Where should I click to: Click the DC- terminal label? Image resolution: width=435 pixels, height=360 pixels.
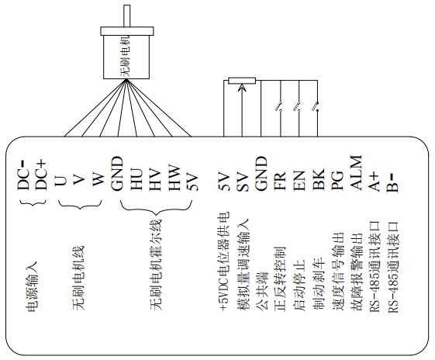23,175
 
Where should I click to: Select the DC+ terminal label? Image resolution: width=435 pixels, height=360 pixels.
41,175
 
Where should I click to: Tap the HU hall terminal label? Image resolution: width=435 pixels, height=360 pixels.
137,180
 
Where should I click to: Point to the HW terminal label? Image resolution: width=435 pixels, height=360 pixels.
174,178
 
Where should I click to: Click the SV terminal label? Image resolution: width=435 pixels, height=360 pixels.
242,182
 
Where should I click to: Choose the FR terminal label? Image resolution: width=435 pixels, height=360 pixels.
280,181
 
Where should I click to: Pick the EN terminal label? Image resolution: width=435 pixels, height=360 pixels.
299,181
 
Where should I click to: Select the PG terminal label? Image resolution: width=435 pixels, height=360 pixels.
337,181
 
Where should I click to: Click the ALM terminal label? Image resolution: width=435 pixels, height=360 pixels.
356,173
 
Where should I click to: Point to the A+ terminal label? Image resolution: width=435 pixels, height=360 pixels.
374,182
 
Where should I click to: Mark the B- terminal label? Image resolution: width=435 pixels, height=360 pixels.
393,182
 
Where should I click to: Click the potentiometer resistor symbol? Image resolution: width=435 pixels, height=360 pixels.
242,81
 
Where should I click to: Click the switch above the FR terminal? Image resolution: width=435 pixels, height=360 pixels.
279,107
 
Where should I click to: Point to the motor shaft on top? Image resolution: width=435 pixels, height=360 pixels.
126,16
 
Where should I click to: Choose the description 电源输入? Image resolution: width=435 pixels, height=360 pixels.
32,286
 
